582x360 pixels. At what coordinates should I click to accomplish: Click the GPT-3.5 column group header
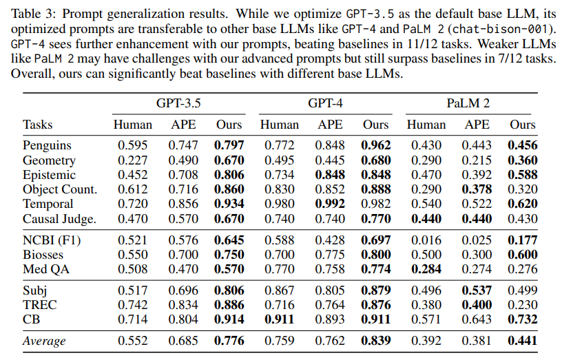tap(178, 103)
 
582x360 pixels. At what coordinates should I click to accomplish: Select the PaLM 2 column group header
tap(468, 103)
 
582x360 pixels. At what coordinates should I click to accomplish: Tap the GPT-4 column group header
tap(325, 103)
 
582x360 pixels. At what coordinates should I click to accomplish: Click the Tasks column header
tap(37, 125)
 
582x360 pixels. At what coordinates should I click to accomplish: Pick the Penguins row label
tap(47, 145)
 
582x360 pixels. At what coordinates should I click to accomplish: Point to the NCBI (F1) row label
tap(52, 240)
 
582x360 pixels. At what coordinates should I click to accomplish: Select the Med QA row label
tap(46, 269)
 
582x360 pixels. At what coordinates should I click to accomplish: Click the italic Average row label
tap(44, 341)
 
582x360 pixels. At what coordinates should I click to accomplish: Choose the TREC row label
tap(40, 305)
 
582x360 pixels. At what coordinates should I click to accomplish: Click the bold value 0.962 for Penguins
tap(376, 145)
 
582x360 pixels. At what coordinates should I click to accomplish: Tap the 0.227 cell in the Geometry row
tap(132, 160)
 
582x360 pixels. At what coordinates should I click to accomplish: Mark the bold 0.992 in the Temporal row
tap(330, 204)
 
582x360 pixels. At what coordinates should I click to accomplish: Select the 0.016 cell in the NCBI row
tap(426, 240)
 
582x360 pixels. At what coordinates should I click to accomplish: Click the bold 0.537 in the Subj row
tap(477, 290)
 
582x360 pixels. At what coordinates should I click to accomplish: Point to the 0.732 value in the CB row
tap(523, 319)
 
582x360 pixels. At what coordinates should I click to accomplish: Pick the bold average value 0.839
tap(376, 341)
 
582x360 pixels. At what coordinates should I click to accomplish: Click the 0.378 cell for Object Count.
tap(477, 189)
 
